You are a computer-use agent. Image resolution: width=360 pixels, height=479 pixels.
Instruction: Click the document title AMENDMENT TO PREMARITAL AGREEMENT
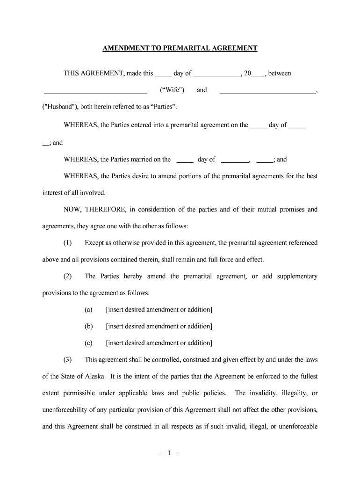[x=180, y=48]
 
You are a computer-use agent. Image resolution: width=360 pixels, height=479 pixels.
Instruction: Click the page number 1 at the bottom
[x=180, y=453]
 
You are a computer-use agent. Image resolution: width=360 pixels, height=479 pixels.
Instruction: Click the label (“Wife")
[x=172, y=90]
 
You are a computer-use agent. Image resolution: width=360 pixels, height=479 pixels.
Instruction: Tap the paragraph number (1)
[x=68, y=243]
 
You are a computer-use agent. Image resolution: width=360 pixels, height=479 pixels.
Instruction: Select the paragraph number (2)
[x=68, y=276]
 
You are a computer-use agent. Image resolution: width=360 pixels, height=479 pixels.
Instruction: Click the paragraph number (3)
[x=68, y=359]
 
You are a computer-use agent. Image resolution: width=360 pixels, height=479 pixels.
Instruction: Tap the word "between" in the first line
[x=280, y=73]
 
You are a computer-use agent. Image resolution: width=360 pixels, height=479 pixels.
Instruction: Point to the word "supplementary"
[x=297, y=276]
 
